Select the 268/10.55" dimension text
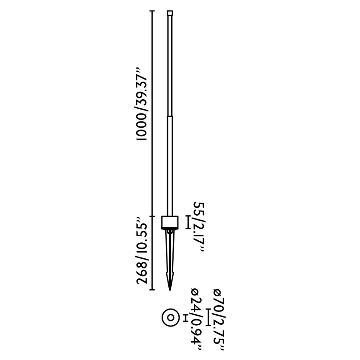pos(143,250)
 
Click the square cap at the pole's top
pos(170,13)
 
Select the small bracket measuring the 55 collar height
pos(188,222)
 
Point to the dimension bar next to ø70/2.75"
pos(209,317)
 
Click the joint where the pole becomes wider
pos(170,118)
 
